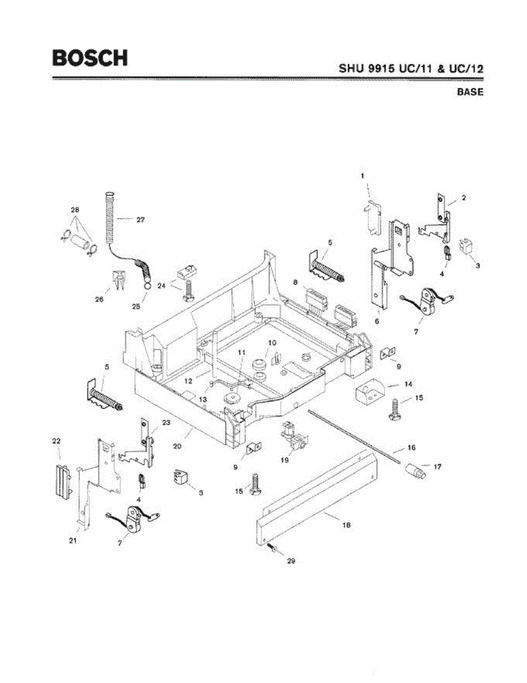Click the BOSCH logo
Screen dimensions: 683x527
click(x=90, y=57)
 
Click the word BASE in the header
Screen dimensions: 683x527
click(x=470, y=92)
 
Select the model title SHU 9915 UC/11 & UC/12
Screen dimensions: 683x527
click(x=411, y=68)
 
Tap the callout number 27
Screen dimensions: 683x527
click(x=140, y=219)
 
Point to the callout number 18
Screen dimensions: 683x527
click(x=345, y=526)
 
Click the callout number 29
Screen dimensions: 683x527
click(x=291, y=561)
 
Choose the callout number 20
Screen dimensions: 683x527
click(x=177, y=446)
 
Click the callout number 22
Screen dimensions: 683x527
click(x=56, y=441)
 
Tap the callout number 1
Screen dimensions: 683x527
click(x=362, y=176)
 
